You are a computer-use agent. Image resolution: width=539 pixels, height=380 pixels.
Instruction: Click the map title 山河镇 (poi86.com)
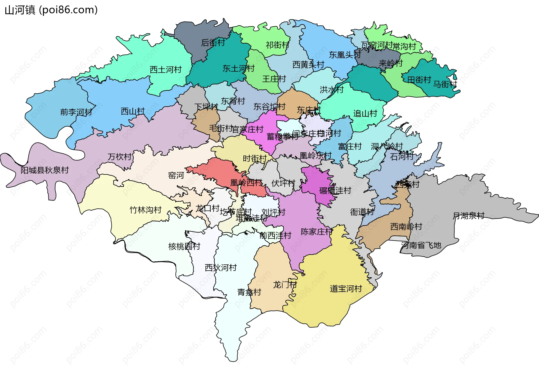click(x=51, y=10)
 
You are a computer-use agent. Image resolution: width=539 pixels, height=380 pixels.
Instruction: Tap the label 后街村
click(x=213, y=43)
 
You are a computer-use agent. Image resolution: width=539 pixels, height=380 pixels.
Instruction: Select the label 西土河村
click(x=166, y=70)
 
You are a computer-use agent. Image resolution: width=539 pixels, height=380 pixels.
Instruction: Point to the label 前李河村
click(x=76, y=112)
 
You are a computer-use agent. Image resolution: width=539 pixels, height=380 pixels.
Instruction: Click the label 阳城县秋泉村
click(x=45, y=170)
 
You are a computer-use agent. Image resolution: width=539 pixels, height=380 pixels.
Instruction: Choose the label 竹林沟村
click(x=145, y=210)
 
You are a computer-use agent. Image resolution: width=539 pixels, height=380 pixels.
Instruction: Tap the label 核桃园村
click(x=184, y=247)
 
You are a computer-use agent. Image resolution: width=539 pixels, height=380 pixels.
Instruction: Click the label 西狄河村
click(x=221, y=268)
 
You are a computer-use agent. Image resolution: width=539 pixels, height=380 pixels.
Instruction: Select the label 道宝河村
click(x=346, y=289)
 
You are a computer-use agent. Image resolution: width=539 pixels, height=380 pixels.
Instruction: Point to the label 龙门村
click(x=285, y=285)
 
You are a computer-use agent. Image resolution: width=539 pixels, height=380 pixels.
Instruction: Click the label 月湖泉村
click(x=469, y=216)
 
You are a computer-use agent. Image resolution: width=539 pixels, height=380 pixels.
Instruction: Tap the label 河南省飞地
click(x=421, y=245)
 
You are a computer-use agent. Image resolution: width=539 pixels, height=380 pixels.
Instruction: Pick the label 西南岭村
click(x=406, y=227)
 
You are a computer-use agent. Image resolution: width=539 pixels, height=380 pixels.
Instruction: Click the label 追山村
click(x=365, y=114)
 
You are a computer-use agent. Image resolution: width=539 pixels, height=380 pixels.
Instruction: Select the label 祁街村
click(x=277, y=45)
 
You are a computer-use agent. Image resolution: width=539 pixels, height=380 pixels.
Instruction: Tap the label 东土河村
click(x=238, y=68)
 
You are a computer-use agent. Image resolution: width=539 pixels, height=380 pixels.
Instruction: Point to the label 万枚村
click(x=120, y=157)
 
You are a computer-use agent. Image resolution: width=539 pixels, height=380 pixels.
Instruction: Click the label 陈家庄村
click(x=317, y=232)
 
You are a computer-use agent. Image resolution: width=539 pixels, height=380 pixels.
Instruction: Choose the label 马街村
click(x=445, y=84)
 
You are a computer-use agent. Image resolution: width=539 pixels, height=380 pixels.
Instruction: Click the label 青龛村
click(x=249, y=293)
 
